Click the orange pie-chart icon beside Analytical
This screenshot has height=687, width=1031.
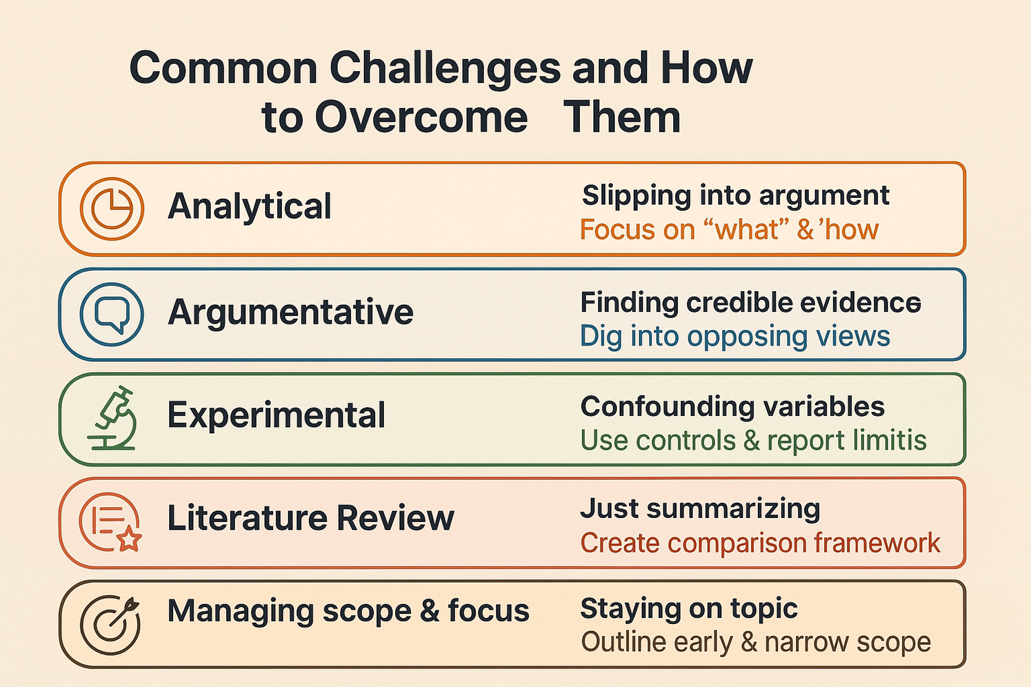[112, 209]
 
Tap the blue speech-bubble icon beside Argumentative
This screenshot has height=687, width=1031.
[112, 314]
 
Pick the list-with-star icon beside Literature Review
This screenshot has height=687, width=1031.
[110, 522]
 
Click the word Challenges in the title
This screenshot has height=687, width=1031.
[445, 68]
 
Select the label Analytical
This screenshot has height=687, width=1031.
[249, 207]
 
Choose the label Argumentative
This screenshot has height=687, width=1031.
[290, 312]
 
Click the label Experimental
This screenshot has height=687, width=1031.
[276, 415]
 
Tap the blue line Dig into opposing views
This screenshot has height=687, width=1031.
[735, 337]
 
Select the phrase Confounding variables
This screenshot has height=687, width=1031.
[733, 407]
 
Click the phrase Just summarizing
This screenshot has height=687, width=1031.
[700, 509]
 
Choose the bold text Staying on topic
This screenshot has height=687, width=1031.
[689, 609]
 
